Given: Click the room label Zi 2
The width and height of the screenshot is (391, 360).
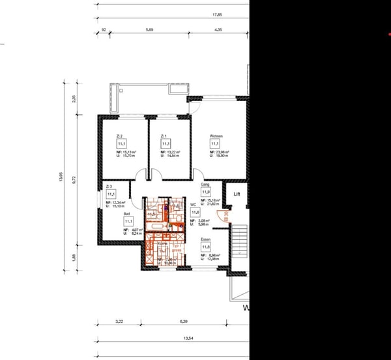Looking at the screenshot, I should click(119, 136).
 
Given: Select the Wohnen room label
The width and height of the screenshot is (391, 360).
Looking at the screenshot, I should click(217, 136).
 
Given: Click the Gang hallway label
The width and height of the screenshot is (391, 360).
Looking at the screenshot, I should click(205, 185).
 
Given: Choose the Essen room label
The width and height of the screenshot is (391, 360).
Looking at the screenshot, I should click(205, 240).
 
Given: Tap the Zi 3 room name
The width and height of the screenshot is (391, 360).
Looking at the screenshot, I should click(109, 187).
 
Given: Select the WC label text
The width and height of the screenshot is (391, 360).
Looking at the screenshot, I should click(193, 204).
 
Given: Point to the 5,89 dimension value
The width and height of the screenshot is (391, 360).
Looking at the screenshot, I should click(149, 30).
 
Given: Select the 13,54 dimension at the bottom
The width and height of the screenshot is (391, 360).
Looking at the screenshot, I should click(188, 338).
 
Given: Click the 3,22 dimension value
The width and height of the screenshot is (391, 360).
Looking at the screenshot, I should click(119, 322).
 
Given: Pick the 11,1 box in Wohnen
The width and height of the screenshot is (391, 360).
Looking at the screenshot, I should click(216, 143).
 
